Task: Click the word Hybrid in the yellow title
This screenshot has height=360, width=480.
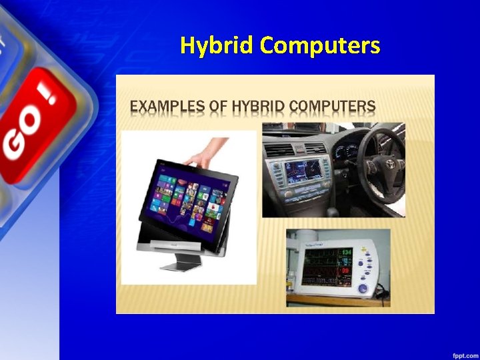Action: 217,45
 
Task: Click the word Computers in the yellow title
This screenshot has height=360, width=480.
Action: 320,45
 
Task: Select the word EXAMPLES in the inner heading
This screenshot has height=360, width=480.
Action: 164,106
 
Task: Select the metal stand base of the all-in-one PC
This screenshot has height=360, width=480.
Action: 178,266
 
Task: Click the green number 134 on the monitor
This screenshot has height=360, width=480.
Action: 347,252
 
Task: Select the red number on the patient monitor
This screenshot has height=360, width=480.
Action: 346,271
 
